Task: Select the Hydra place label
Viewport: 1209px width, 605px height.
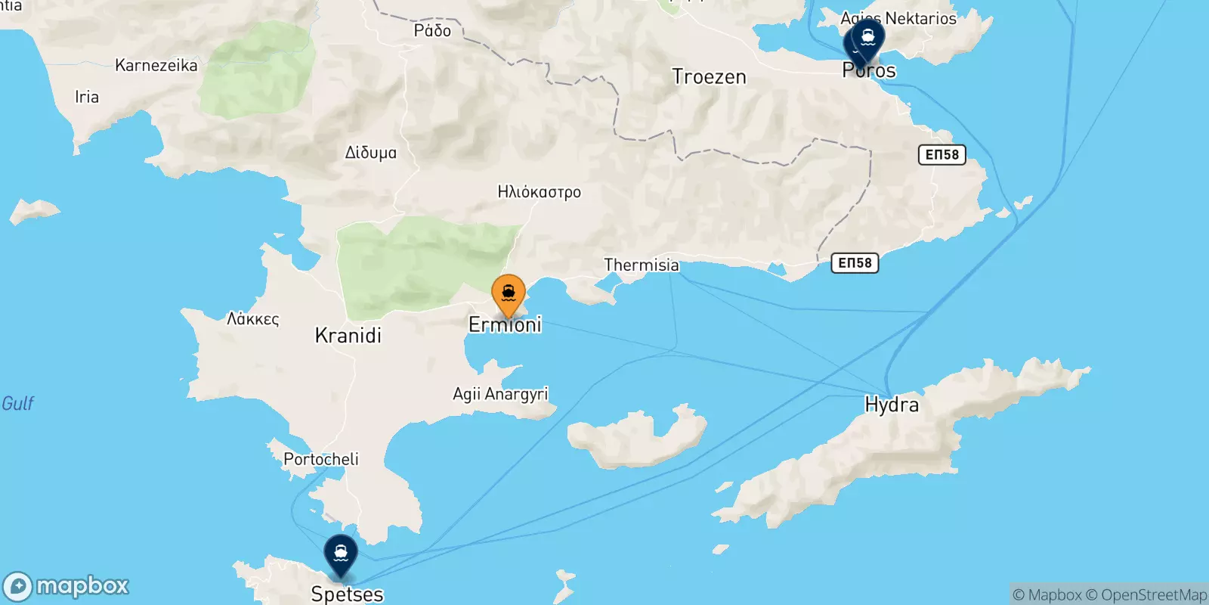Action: tap(892, 405)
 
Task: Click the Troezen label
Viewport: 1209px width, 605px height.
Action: tap(709, 77)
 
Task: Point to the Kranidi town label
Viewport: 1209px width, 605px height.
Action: tap(348, 336)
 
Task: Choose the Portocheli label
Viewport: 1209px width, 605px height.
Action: tap(321, 459)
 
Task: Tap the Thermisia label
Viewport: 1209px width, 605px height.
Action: tap(642, 265)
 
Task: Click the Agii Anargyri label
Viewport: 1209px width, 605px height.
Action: tap(500, 394)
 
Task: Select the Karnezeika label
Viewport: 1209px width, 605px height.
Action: tap(156, 65)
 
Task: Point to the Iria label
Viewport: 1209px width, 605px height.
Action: tap(87, 97)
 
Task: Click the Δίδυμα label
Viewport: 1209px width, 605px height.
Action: tap(370, 153)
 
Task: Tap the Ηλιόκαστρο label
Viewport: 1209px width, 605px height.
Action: tap(540, 192)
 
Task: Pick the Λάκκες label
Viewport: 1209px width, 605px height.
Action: tap(253, 319)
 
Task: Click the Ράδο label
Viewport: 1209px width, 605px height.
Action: tap(432, 31)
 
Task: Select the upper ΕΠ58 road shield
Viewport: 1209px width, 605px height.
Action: tap(942, 155)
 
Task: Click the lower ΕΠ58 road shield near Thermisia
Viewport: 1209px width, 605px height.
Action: tap(855, 263)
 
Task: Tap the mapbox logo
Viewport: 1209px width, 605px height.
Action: tap(66, 586)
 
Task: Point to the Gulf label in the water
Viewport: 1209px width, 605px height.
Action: tap(18, 403)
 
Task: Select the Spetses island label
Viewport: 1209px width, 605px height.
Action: tap(347, 594)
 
